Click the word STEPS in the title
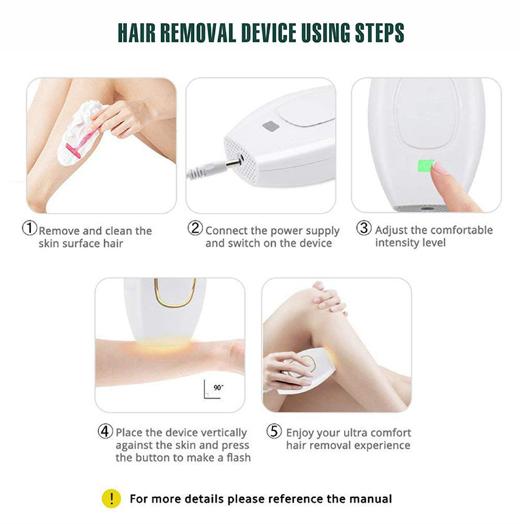click(x=380, y=33)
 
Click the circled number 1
click(x=29, y=228)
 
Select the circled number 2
click(x=195, y=228)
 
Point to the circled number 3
click(x=364, y=228)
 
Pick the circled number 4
click(x=105, y=431)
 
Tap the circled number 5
click(x=274, y=431)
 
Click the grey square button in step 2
click(x=271, y=126)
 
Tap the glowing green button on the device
click(x=426, y=166)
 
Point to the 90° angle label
click(x=219, y=387)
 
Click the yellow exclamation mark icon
click(x=111, y=498)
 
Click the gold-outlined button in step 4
click(x=175, y=293)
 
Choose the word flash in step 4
click(x=238, y=457)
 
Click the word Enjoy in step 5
click(x=300, y=433)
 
